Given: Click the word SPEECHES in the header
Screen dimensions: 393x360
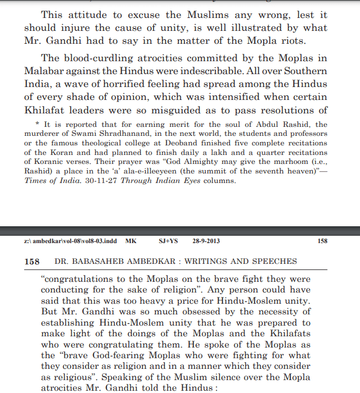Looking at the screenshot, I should tap(276, 262).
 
